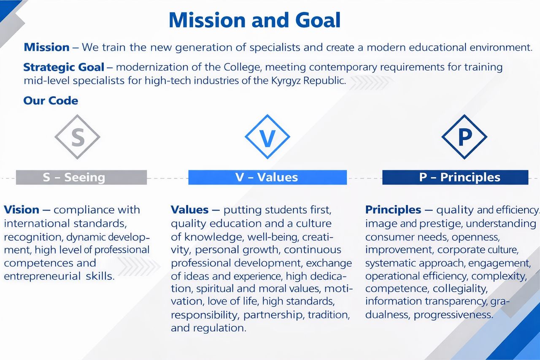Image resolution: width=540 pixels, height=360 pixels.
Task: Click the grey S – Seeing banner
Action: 81,177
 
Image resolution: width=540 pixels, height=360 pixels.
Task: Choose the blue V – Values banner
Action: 267,177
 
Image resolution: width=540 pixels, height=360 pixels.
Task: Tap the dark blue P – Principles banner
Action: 455,177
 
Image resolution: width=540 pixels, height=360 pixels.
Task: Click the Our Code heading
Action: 51,100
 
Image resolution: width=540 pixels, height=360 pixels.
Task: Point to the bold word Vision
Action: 22,210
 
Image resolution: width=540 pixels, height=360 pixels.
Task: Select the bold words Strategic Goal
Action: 64,67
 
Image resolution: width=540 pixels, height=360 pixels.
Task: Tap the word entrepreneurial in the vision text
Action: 43,276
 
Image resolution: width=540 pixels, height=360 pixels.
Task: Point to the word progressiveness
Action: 453,315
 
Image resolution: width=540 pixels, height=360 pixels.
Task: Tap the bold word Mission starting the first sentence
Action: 46,47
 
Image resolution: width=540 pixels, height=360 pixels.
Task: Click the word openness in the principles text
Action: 475,237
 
